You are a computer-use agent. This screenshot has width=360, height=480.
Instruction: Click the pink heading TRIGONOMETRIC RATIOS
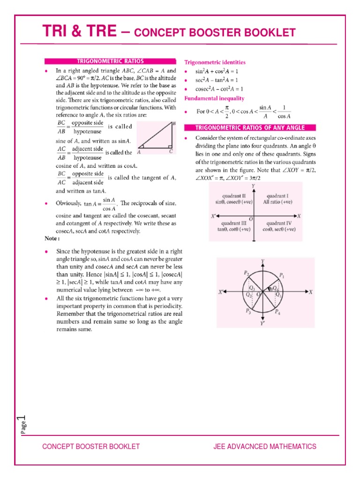point(110,61)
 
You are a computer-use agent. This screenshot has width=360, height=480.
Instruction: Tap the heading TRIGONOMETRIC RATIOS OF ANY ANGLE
point(250,127)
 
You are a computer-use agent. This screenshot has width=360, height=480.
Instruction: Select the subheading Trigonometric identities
point(215,62)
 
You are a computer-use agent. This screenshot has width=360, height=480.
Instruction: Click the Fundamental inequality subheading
point(214,98)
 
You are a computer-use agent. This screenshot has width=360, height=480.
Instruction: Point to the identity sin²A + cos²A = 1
point(217,71)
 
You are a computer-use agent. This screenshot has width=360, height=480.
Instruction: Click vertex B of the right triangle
point(174,124)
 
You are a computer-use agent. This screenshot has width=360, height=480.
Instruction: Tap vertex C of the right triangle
point(171,152)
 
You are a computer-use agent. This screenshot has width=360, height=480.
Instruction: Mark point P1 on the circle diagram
point(281,275)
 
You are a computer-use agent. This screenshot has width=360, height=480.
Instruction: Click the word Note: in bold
point(51,239)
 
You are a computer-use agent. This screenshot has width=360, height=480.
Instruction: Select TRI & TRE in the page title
point(79,31)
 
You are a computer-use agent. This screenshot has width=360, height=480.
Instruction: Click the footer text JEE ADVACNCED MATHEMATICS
point(264,447)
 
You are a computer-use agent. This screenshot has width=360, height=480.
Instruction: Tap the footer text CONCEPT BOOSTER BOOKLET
point(91,447)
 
